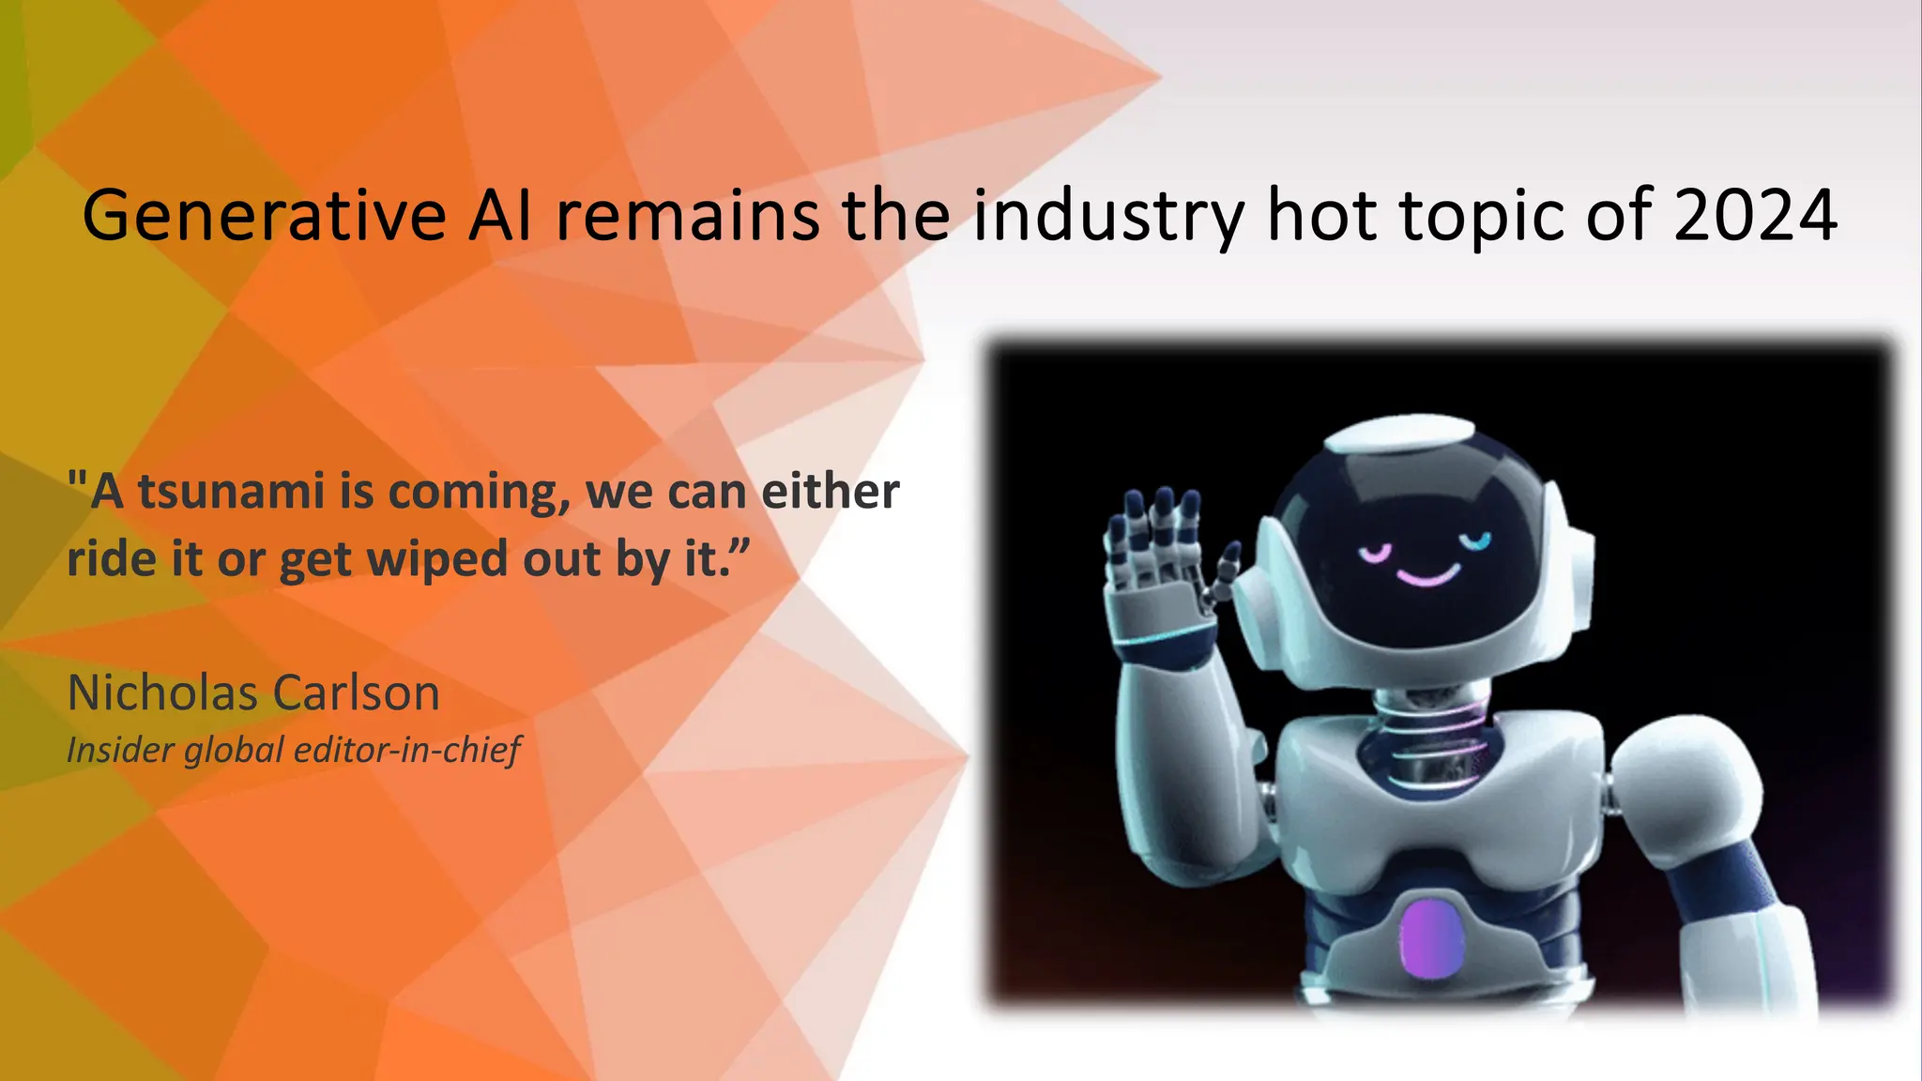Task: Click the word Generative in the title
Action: pyautogui.click(x=264, y=216)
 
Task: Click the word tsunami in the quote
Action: pyautogui.click(x=231, y=491)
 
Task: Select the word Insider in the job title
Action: pyautogui.click(x=121, y=750)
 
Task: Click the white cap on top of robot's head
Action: pyautogui.click(x=1404, y=434)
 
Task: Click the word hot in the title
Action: pyautogui.click(x=1322, y=216)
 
